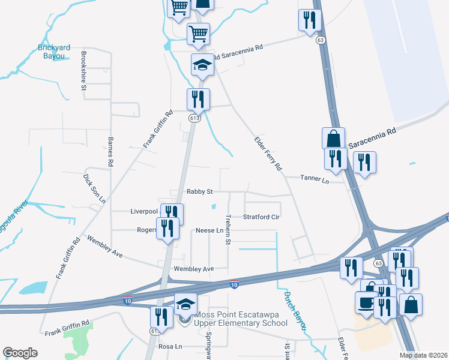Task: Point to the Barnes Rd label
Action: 110,151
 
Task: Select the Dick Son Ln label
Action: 94,188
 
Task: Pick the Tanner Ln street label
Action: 315,179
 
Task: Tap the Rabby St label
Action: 200,192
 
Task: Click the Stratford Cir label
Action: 262,217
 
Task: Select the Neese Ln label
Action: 209,230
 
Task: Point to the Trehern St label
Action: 228,229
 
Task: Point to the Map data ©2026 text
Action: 423,355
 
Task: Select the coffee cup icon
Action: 366,302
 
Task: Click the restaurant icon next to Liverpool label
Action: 172,214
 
